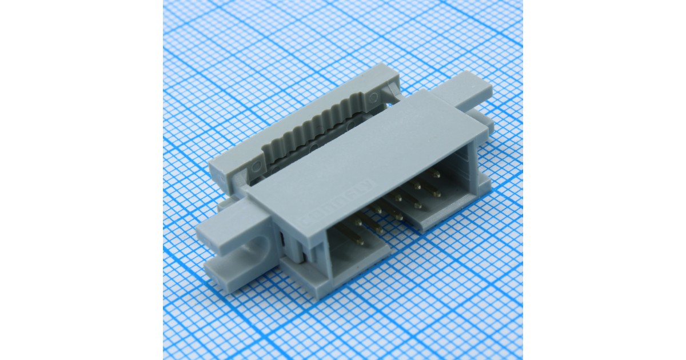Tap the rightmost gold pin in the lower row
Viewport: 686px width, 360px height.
click(x=437, y=194)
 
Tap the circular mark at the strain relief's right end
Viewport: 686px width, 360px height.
click(x=389, y=91)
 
